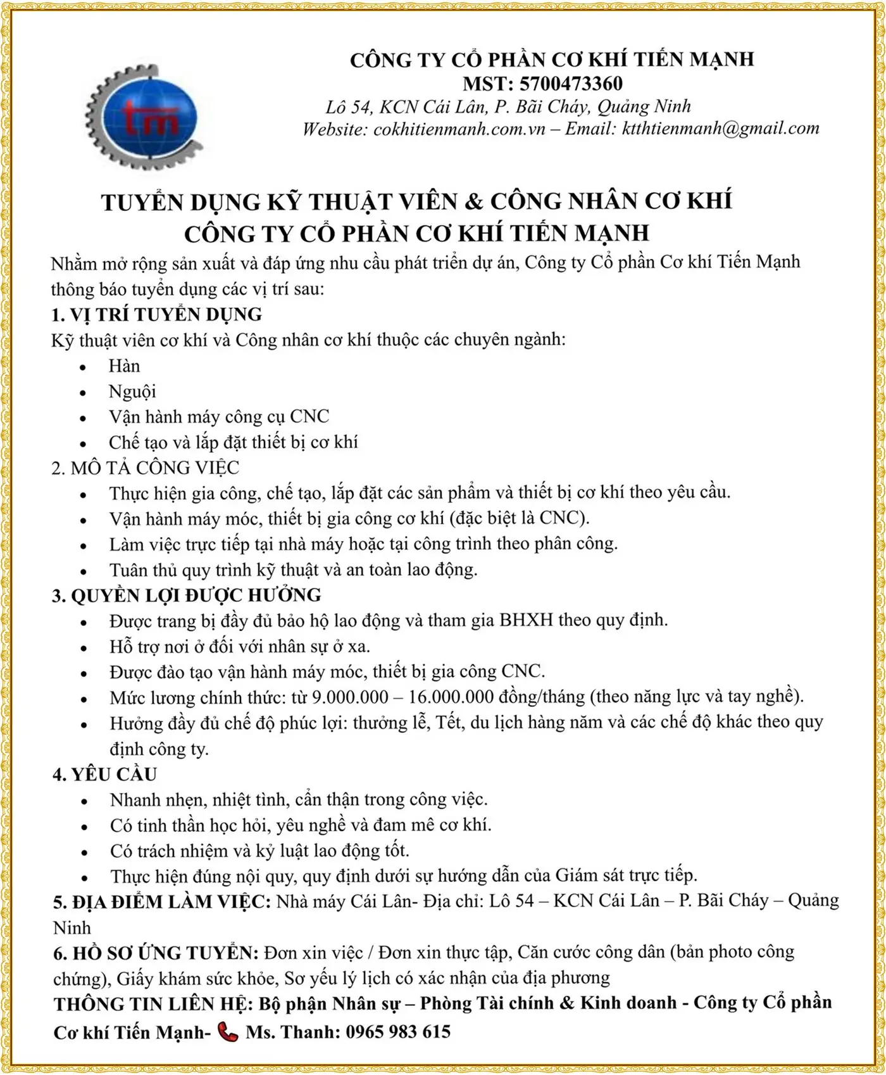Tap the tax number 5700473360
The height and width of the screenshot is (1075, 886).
coord(571,84)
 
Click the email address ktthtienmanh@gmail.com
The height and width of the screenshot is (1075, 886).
coord(721,129)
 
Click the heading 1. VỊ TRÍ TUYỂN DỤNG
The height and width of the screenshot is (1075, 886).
coord(157,315)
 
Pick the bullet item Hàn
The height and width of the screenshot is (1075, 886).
coord(124,366)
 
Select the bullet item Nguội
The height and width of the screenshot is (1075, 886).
coord(132,391)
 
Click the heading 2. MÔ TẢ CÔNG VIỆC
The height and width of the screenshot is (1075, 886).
coord(146,468)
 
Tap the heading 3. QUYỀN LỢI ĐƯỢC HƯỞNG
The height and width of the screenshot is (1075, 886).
coord(187,595)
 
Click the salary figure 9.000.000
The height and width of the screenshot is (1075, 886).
coord(350,697)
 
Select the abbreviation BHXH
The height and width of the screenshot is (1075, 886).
coord(527,620)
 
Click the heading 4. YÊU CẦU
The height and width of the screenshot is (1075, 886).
coord(104,775)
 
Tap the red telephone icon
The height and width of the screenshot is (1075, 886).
coord(227,1032)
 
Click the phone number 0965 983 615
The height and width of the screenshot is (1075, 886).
coord(398,1032)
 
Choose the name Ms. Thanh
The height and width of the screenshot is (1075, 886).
coord(292,1032)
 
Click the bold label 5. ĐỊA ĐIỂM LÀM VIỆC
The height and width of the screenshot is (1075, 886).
coord(162,901)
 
